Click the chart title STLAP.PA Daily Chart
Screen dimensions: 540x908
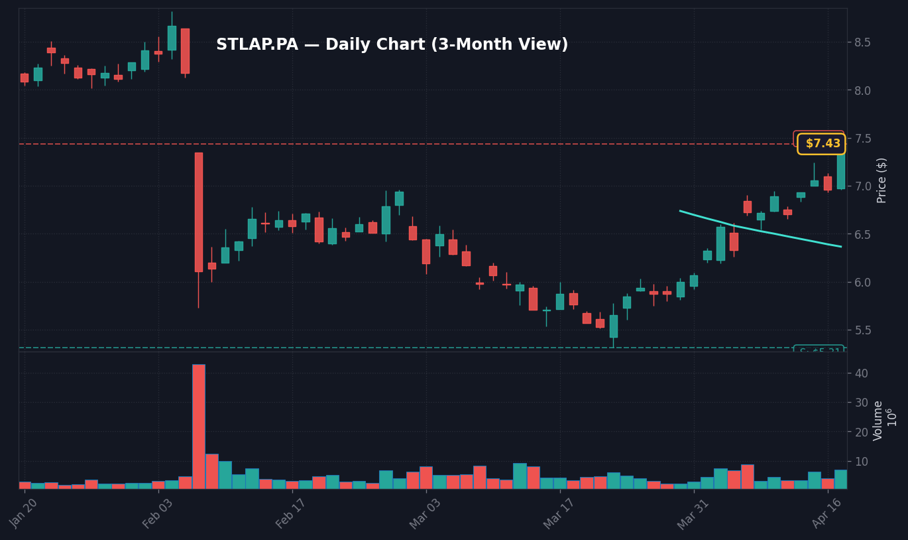coord(392,45)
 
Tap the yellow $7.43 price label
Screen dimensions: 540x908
coord(821,144)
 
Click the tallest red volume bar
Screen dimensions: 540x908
coord(198,426)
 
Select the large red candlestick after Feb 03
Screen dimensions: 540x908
coord(198,212)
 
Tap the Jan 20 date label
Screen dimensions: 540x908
coord(24,513)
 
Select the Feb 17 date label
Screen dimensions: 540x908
coord(291,513)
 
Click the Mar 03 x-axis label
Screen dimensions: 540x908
coord(425,513)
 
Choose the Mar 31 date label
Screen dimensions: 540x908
coord(693,513)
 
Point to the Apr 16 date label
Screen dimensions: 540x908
coord(826,513)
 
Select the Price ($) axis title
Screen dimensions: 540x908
coord(881,180)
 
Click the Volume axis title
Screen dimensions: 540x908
coord(879,421)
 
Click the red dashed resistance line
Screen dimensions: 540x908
coord(398,144)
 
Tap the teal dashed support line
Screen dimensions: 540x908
coord(398,348)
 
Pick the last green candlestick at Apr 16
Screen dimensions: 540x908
coord(840,172)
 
